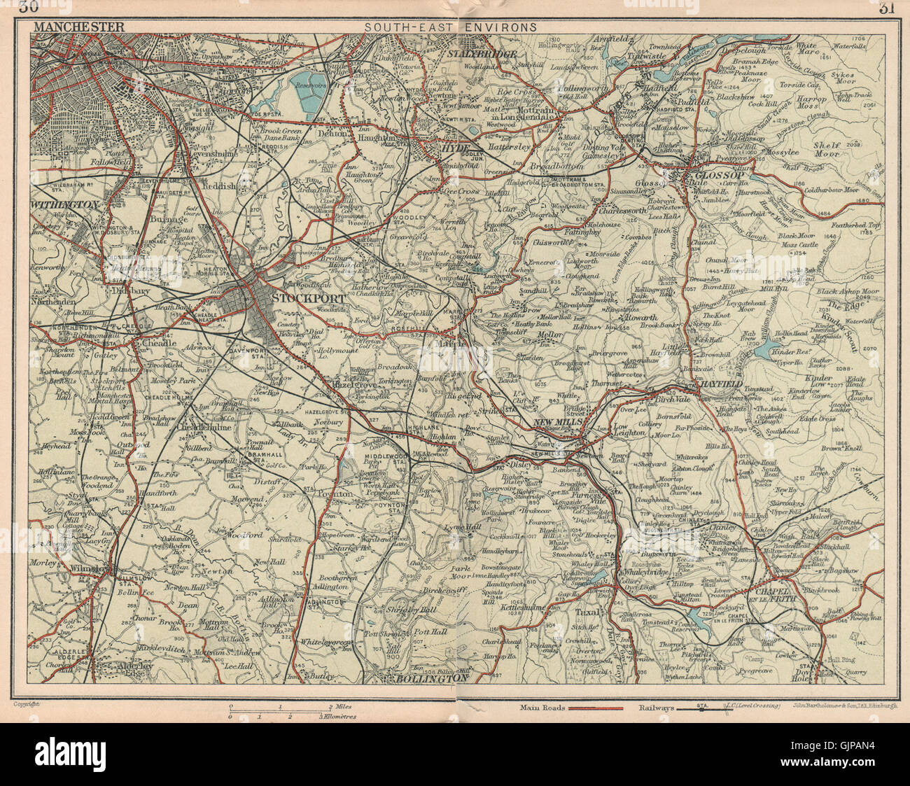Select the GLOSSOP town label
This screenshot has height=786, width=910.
coord(714,175)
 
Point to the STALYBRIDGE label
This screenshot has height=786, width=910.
coord(483,54)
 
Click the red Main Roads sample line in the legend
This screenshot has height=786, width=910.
coord(595,708)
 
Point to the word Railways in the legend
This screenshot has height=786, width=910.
coord(657,708)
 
